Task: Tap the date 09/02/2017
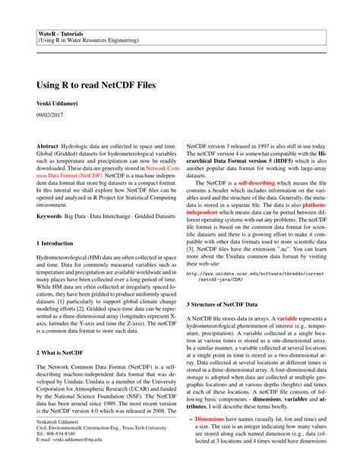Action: click(52, 114)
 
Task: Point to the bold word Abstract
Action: click(50, 145)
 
